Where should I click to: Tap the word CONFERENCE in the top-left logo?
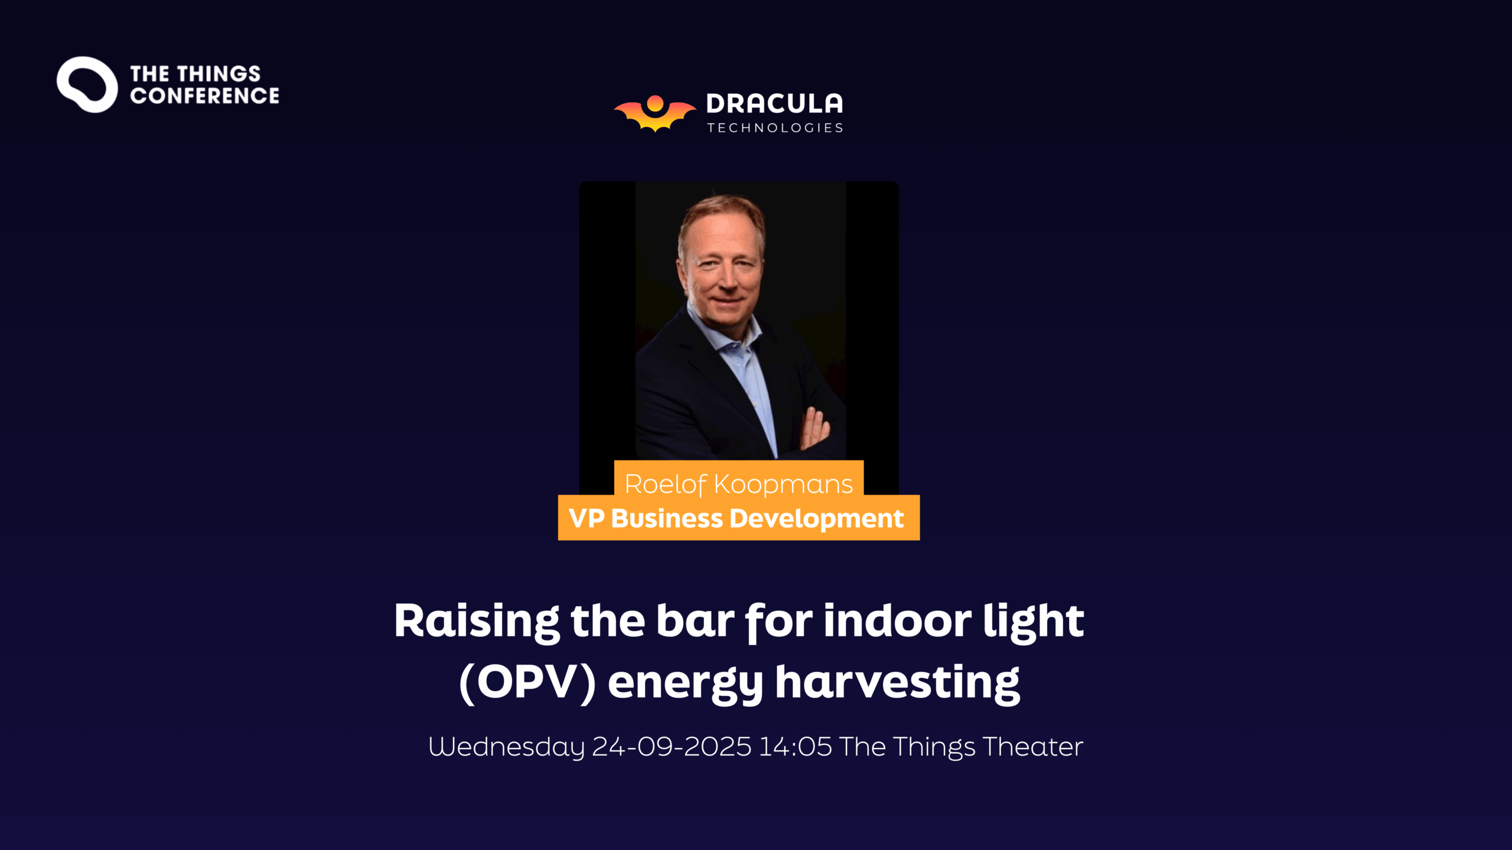pos(204,96)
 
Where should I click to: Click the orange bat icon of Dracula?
pos(655,113)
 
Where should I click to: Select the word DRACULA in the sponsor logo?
pos(774,104)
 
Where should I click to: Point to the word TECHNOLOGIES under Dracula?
pos(775,128)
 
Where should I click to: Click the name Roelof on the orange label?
pos(666,485)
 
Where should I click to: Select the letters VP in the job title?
pos(586,518)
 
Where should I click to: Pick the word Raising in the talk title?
pos(477,622)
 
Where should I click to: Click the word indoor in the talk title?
pos(897,621)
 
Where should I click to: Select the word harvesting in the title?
pos(897,684)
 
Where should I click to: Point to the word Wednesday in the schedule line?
pos(506,747)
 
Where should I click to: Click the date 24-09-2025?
pos(672,747)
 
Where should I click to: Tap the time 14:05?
pos(795,747)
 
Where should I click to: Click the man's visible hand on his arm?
pos(816,429)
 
